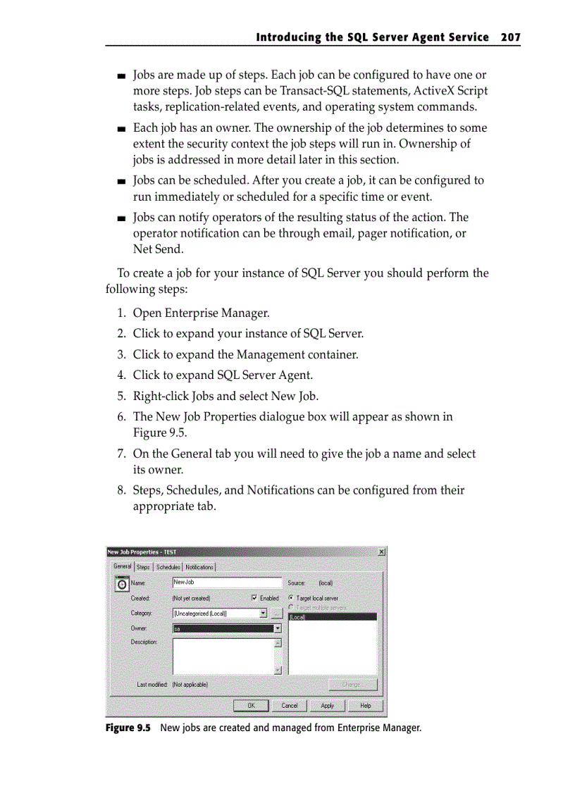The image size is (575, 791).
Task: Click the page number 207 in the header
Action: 510,37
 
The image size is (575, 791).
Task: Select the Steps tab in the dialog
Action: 143,567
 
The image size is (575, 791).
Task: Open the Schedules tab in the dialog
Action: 168,567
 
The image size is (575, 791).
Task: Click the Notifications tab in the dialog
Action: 199,567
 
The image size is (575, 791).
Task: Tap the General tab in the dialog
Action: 123,566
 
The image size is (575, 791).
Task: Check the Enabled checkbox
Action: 255,598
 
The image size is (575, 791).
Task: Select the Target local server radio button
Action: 291,598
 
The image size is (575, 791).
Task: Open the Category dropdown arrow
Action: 263,613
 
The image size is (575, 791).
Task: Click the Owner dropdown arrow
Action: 277,628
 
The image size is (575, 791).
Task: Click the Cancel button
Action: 290,705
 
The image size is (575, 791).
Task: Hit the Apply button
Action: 328,705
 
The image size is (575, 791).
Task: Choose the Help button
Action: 366,705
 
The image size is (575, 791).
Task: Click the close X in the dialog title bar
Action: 381,552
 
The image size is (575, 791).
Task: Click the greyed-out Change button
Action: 352,685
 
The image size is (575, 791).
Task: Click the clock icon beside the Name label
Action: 121,584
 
